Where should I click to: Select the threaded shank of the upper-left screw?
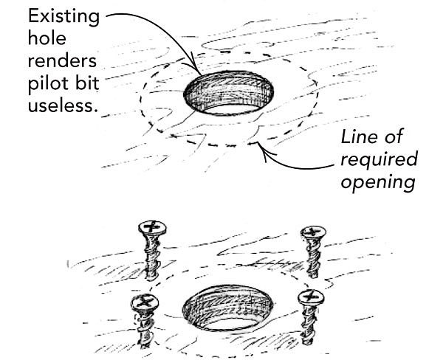pos(153,258)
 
